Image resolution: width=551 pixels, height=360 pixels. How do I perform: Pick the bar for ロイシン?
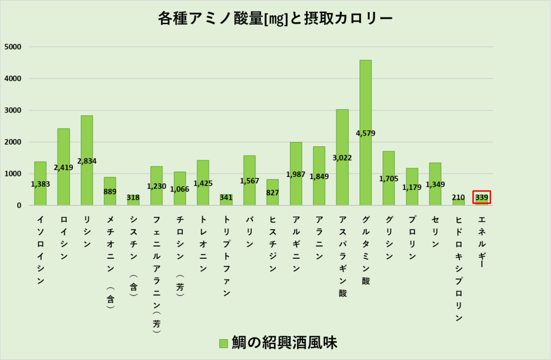coord(63,145)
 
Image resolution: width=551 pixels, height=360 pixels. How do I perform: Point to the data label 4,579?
coord(365,133)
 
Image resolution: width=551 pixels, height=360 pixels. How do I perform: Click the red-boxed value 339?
coord(482,197)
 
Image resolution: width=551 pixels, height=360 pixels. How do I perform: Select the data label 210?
coord(458,197)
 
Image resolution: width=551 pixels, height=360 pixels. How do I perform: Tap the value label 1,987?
coord(296,174)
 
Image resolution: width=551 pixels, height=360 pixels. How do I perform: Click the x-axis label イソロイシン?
coord(40,250)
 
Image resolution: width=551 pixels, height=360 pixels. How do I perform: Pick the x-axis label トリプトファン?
coord(226,256)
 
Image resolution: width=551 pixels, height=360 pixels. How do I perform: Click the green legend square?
coord(223,343)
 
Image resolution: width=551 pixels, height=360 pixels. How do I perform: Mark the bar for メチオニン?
coord(110,191)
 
